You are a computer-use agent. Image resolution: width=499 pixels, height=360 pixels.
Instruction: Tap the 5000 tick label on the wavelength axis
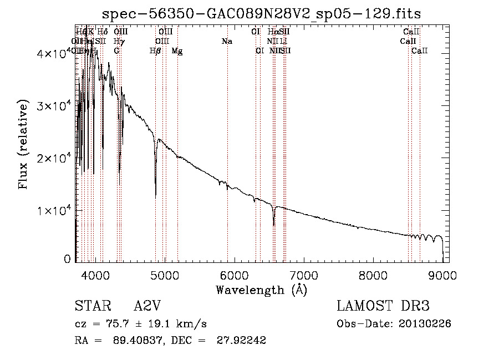(x=164, y=274)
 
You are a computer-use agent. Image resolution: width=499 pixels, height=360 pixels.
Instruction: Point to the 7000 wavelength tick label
(x=303, y=274)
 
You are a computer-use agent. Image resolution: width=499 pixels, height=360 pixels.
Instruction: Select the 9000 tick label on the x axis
(x=442, y=274)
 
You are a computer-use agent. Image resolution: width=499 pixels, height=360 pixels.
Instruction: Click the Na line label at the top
(x=226, y=42)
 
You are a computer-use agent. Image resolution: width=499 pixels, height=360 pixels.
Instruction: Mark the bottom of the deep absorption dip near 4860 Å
(x=155, y=195)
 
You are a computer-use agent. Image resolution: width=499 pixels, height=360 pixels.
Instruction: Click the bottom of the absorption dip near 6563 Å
(x=273, y=224)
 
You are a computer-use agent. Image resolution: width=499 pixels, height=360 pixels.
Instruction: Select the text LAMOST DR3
(x=383, y=307)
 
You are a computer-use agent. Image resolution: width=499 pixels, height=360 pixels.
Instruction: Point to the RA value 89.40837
(x=128, y=341)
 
